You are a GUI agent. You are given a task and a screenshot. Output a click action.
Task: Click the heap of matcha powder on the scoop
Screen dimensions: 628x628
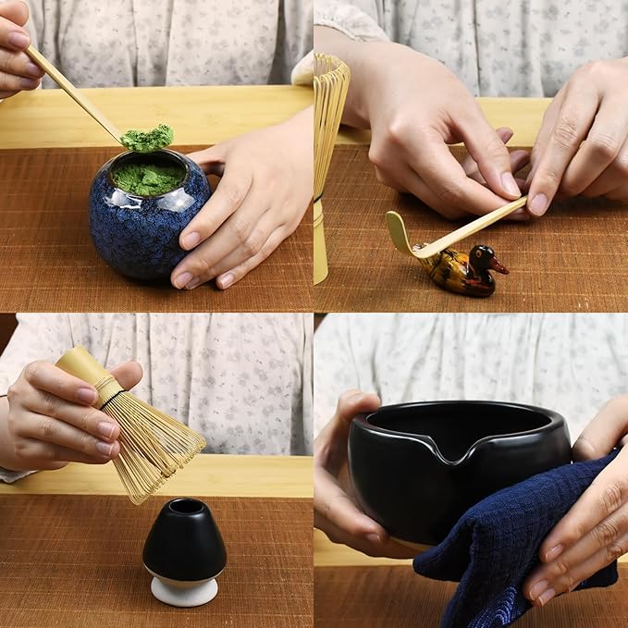coord(148,139)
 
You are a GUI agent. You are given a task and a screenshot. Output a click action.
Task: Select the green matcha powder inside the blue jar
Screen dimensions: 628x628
coord(148,178)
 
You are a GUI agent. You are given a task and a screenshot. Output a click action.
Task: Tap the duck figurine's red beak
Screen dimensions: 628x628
coord(500,267)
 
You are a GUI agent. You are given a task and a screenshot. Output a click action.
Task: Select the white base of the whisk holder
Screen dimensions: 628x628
coord(184,591)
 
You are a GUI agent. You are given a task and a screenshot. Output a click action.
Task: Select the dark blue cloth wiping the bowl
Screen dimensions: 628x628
coord(518,546)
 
